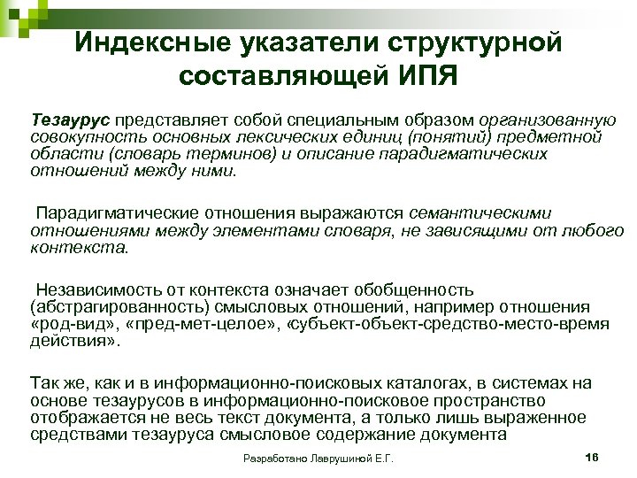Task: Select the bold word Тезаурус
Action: coord(66,119)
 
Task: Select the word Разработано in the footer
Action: coord(271,459)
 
